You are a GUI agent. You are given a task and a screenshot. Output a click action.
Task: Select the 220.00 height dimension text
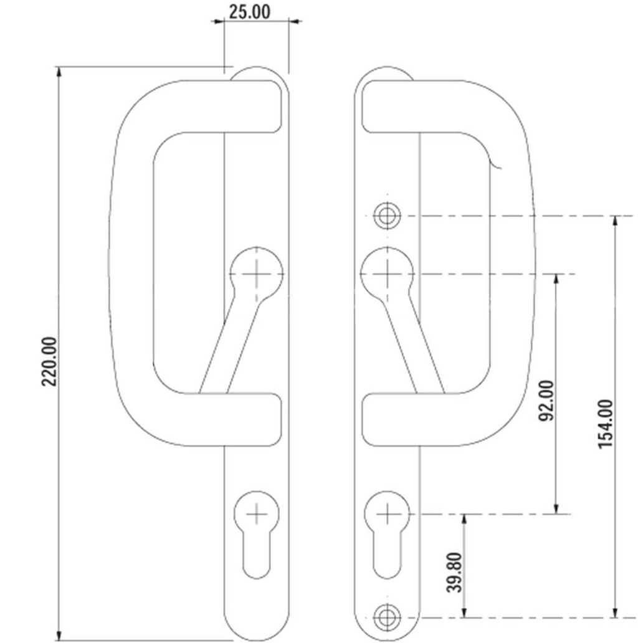pyautogui.click(x=49, y=361)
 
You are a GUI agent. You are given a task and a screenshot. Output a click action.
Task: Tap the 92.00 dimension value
pyautogui.click(x=546, y=400)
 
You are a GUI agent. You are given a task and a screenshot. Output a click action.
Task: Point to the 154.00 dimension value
pyautogui.click(x=605, y=424)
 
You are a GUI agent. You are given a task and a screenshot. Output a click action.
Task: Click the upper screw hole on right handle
pyautogui.click(x=387, y=216)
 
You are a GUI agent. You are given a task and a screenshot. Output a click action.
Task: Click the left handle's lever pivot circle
pyautogui.click(x=256, y=274)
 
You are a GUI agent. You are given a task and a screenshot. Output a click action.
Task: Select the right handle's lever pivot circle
pyautogui.click(x=387, y=274)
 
